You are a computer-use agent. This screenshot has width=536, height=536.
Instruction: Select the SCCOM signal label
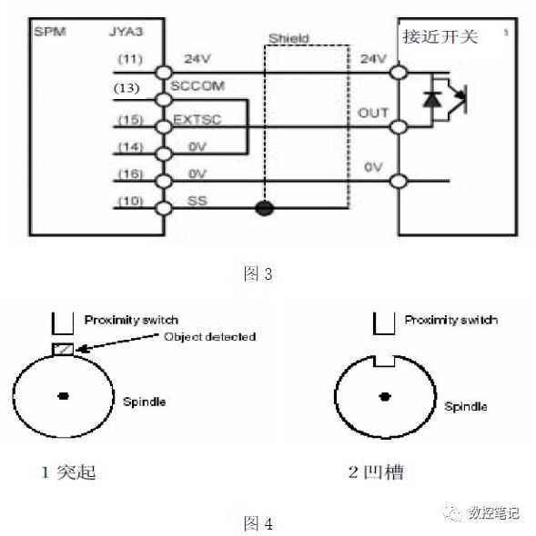[197, 87]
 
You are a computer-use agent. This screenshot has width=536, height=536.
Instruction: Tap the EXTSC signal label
[195, 118]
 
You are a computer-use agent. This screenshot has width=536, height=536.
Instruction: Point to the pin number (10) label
[128, 201]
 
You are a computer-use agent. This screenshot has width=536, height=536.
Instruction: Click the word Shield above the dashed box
[288, 39]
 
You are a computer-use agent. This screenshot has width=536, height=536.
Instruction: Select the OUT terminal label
[373, 113]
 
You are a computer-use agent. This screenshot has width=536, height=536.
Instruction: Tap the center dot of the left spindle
[63, 395]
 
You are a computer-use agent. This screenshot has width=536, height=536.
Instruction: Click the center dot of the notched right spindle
[387, 396]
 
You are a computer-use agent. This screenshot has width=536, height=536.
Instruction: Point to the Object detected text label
[210, 337]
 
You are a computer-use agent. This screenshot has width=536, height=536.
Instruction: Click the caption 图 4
[258, 522]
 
